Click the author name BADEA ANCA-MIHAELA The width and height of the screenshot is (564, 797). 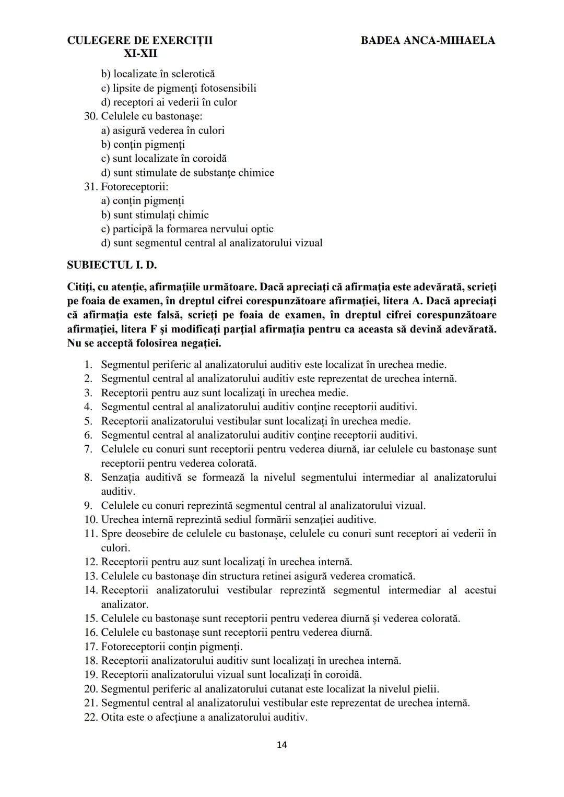point(428,40)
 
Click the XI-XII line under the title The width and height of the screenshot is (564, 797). point(140,54)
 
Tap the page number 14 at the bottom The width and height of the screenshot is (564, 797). point(281,745)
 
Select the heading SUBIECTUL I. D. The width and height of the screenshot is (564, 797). point(112,265)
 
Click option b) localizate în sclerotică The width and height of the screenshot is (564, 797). point(158,74)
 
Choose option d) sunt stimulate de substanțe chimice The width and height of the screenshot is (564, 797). point(187,173)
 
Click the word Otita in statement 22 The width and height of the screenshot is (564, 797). point(112,717)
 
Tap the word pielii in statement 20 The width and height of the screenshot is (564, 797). point(426,689)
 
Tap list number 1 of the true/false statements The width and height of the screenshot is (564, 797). point(88,365)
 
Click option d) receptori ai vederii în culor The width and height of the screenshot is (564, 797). point(169,102)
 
